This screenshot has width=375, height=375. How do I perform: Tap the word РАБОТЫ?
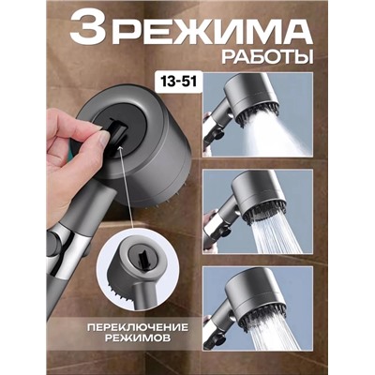point(260,58)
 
